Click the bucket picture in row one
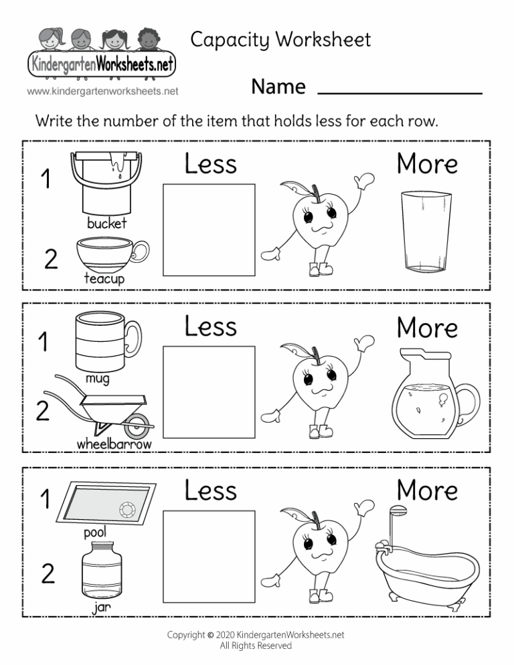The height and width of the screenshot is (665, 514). pyautogui.click(x=107, y=182)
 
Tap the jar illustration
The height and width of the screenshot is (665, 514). pyautogui.click(x=102, y=571)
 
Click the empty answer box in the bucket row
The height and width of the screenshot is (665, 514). pyautogui.click(x=209, y=229)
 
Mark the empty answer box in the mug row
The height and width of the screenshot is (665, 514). pyautogui.click(x=209, y=391)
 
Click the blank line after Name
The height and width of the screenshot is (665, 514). pyautogui.click(x=400, y=92)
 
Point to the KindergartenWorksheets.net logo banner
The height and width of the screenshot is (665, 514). pyautogui.click(x=100, y=66)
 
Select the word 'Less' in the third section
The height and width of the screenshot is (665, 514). pyautogui.click(x=211, y=490)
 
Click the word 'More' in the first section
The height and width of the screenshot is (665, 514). pyautogui.click(x=427, y=164)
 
